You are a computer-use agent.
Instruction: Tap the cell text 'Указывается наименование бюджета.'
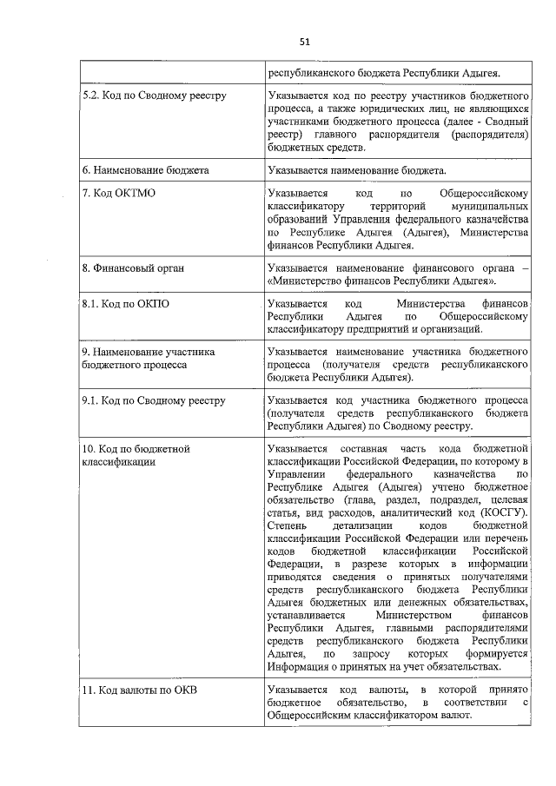click(358, 170)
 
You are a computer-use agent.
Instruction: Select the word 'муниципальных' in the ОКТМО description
click(487, 207)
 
